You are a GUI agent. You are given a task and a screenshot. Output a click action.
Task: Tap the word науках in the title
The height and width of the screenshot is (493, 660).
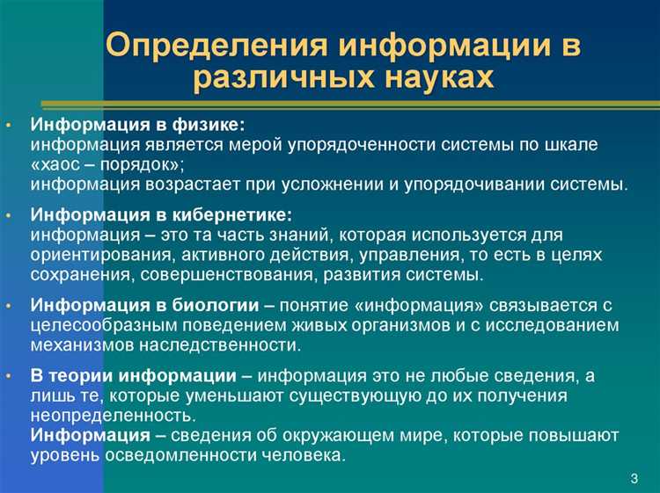click(420, 79)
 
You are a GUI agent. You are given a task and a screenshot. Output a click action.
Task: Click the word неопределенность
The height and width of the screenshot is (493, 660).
click(113, 416)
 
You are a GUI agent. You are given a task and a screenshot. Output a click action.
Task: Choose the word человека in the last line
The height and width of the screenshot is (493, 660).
click(309, 456)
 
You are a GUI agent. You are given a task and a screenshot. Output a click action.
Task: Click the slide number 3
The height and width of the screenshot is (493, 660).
click(634, 478)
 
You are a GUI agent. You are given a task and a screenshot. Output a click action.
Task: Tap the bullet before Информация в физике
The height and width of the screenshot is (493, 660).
click(8, 124)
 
